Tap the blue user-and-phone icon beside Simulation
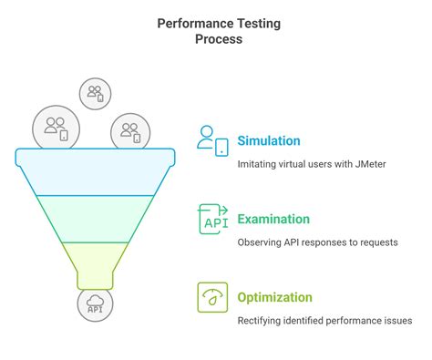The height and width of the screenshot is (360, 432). point(211,140)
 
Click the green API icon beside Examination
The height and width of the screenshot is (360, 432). point(212,219)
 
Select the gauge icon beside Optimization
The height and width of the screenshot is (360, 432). point(212,297)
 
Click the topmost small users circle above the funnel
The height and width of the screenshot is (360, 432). point(95,92)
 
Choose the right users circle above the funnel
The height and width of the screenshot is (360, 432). point(129,131)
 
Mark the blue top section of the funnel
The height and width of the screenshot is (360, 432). point(96,173)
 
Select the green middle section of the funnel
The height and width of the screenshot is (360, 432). point(96,219)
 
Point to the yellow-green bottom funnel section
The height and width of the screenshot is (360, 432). point(96,260)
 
